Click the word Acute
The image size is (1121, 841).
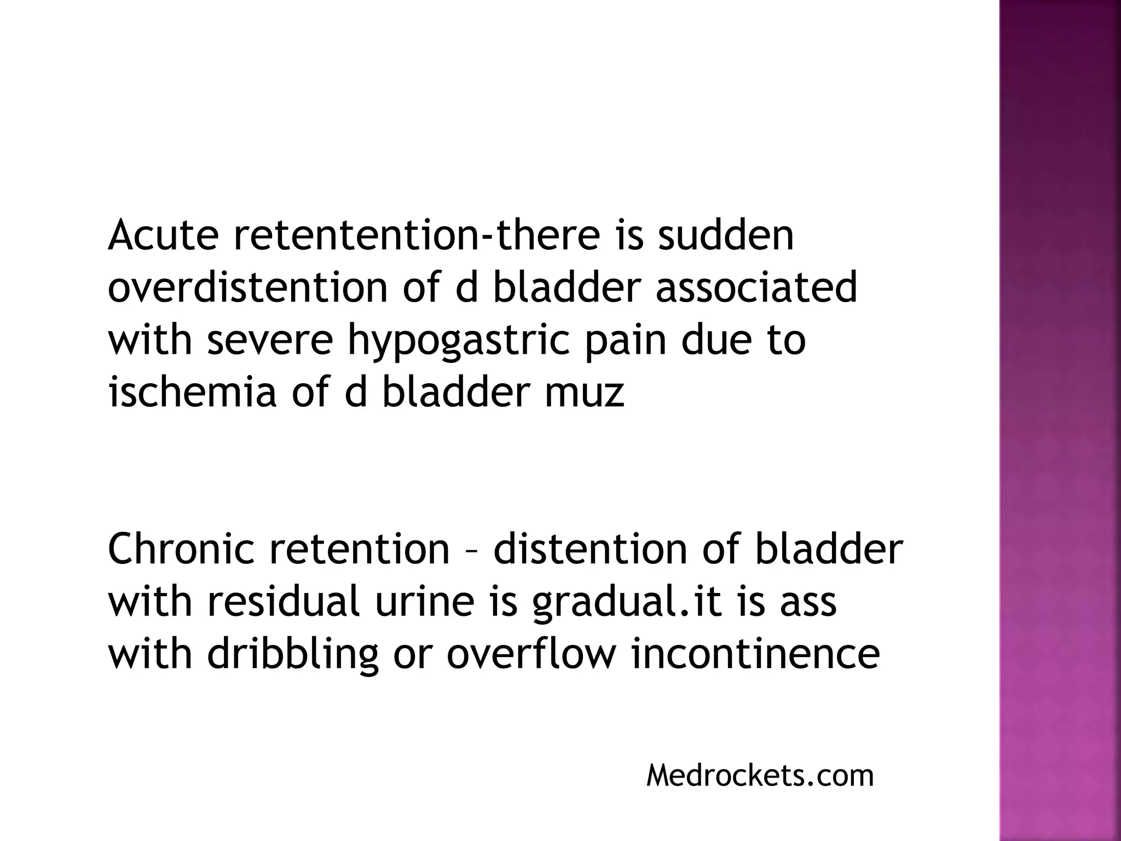click(x=163, y=235)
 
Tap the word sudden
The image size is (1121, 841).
click(x=725, y=235)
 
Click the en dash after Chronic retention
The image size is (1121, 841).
click(x=471, y=550)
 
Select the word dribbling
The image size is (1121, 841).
click(x=293, y=655)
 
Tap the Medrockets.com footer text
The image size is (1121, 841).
click(x=760, y=776)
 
